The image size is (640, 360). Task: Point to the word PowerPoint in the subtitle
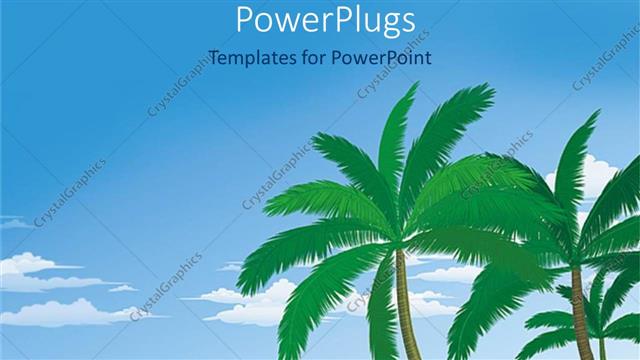click(384, 57)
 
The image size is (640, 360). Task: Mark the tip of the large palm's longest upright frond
click(411, 87)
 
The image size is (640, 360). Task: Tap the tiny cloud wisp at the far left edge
click(10, 222)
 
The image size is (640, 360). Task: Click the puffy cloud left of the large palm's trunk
click(250, 300)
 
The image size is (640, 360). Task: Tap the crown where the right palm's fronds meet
click(575, 258)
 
